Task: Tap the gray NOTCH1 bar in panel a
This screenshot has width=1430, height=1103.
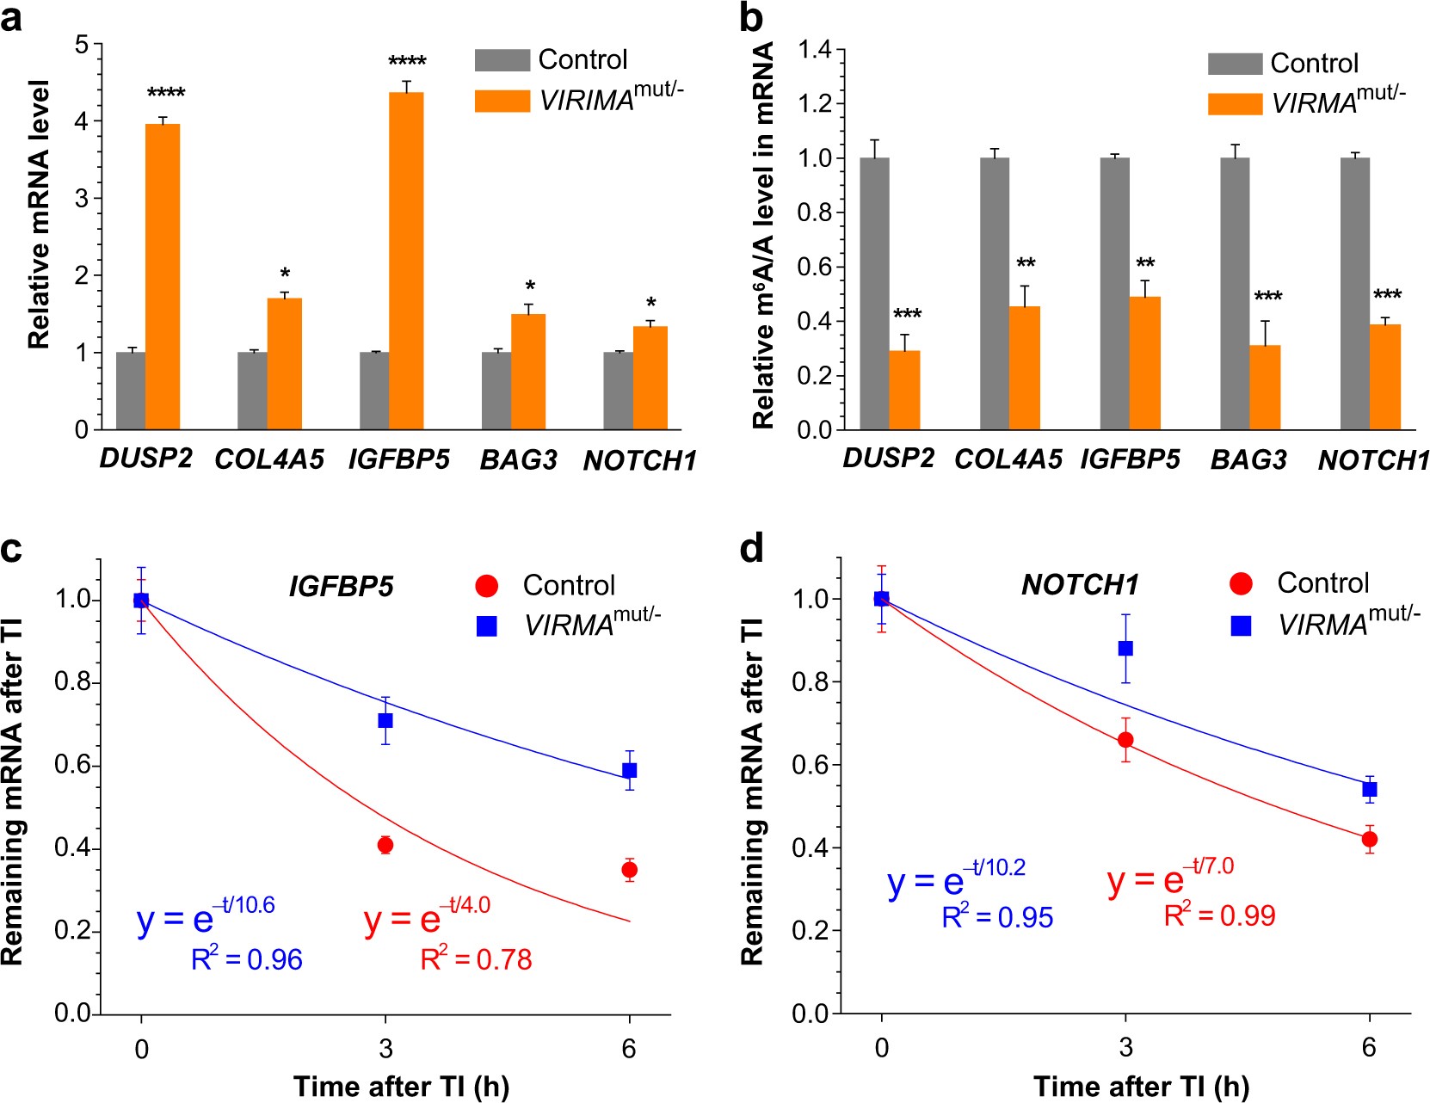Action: (618, 391)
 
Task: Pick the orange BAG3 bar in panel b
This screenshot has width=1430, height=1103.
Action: (1265, 387)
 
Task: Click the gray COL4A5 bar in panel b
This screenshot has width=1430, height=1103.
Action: (994, 293)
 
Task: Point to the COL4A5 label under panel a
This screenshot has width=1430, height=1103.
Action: (269, 459)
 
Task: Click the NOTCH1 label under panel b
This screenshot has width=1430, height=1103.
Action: (1373, 460)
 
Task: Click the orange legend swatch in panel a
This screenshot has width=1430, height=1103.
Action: (502, 101)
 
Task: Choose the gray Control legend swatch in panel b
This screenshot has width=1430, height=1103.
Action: (1235, 64)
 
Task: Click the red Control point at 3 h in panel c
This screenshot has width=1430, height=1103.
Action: (385, 845)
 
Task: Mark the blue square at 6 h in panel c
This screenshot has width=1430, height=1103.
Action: (630, 770)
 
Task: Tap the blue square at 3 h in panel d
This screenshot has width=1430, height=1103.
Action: (1125, 649)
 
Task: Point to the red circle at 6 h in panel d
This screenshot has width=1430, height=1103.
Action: (1370, 839)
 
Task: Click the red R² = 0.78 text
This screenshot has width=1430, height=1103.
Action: (476, 958)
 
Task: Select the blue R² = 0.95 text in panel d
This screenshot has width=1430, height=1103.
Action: (997, 917)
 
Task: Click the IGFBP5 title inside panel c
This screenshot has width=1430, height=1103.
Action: (341, 587)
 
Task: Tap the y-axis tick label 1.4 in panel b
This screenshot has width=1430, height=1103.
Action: (815, 50)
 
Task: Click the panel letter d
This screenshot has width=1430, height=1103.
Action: (752, 548)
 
